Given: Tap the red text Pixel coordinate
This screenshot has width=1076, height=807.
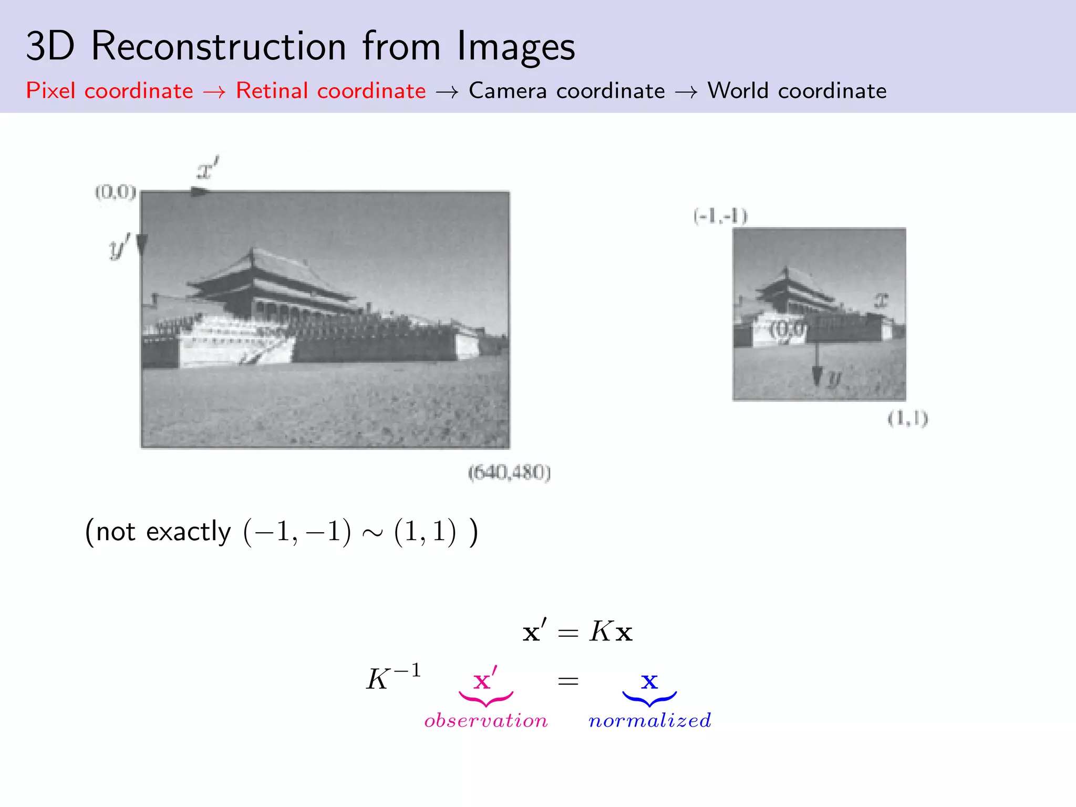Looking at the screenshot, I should [x=109, y=91].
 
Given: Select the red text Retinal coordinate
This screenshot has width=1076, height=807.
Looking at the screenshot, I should [x=330, y=91].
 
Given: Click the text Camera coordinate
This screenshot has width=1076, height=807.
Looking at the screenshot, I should [x=566, y=91].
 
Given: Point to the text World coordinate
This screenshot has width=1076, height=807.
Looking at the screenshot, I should [x=796, y=91].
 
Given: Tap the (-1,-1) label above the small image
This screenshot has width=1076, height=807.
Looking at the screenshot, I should [x=720, y=216].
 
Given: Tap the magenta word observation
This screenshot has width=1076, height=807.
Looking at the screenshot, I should [x=486, y=720].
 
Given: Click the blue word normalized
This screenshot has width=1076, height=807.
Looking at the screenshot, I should [x=650, y=720].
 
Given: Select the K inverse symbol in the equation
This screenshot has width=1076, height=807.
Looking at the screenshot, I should [x=393, y=678].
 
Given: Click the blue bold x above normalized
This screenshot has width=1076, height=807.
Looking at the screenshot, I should [x=649, y=681].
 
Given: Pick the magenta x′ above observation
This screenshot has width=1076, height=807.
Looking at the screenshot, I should [x=485, y=680].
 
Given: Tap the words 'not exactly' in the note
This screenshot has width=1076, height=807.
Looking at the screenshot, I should [x=163, y=532].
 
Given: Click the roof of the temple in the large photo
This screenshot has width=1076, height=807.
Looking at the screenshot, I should [x=263, y=271].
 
